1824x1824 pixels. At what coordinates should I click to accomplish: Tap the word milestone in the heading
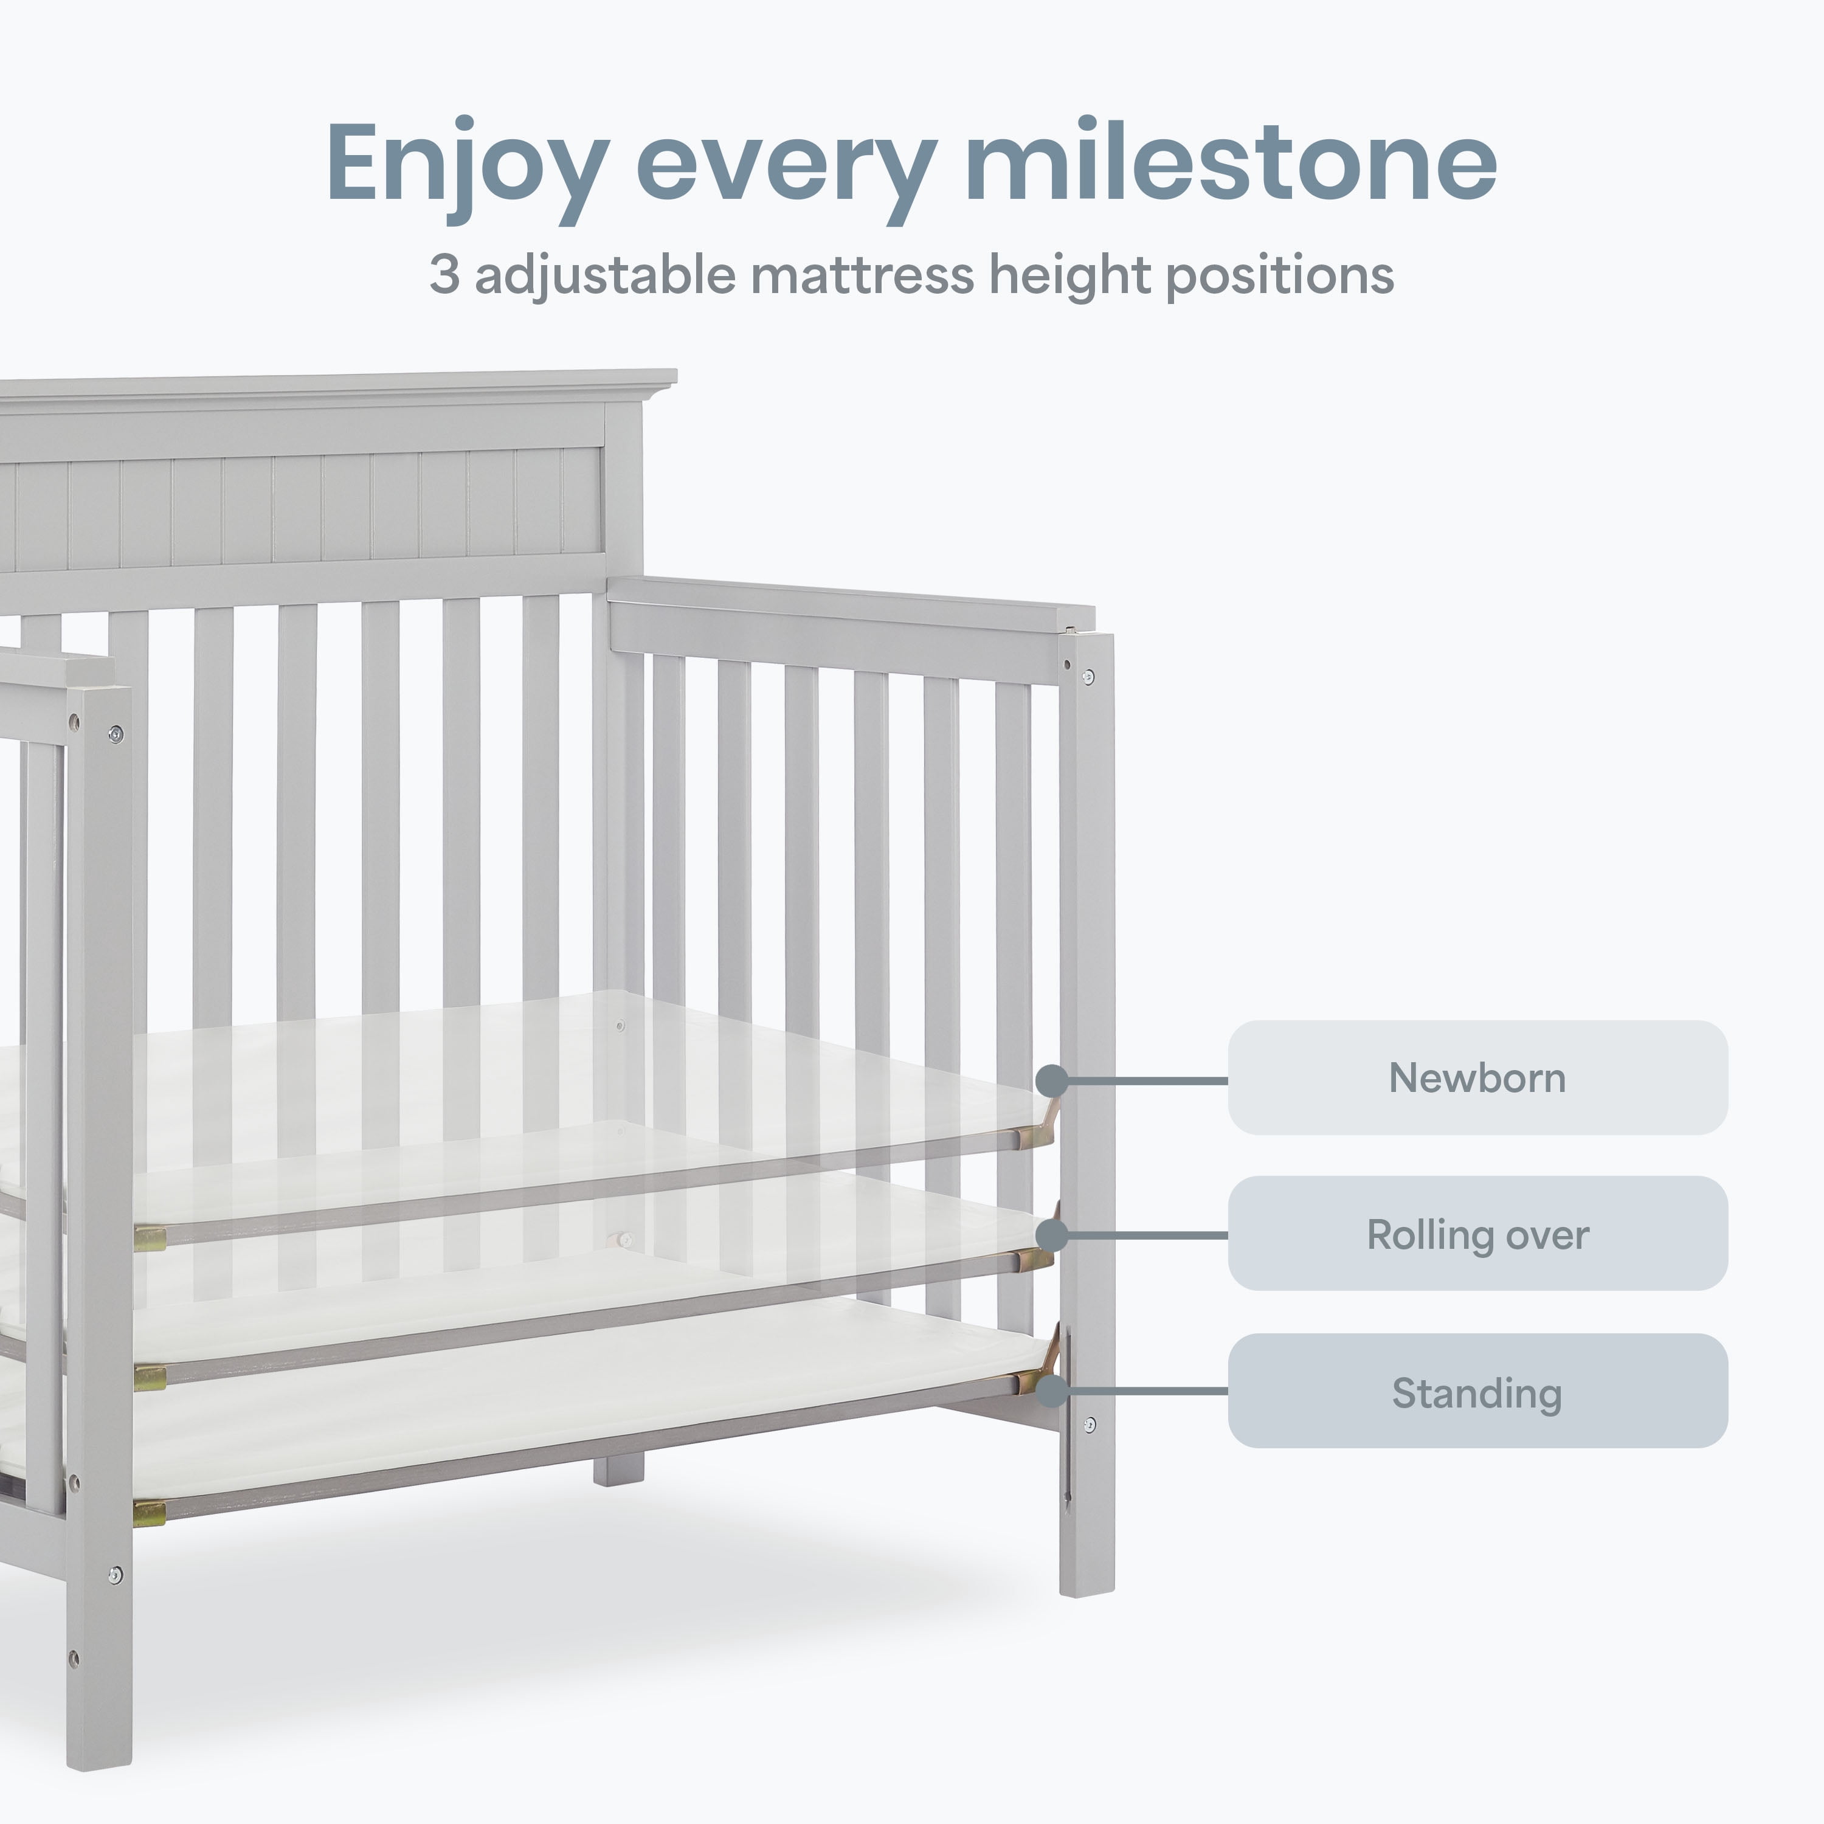pyautogui.click(x=1231, y=161)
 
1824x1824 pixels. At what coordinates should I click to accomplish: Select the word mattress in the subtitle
pyautogui.click(x=862, y=275)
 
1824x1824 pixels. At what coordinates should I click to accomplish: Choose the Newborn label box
pyautogui.click(x=1477, y=1077)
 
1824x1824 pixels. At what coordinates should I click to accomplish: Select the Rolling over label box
pyautogui.click(x=1477, y=1234)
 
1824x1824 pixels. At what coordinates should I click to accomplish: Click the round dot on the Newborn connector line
pyautogui.click(x=1052, y=1081)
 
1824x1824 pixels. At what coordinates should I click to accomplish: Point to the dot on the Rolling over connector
pyautogui.click(x=1052, y=1235)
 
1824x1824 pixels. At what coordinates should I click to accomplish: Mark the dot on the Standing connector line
pyautogui.click(x=1052, y=1390)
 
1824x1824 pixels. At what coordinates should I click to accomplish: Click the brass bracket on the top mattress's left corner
pyautogui.click(x=149, y=1238)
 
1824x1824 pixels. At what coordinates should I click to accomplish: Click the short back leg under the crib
pyautogui.click(x=618, y=1468)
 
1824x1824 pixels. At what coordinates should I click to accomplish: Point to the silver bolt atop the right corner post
pyautogui.click(x=1088, y=677)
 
